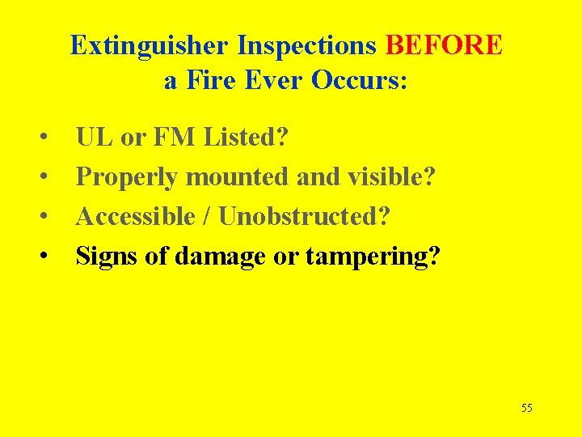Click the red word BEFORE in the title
click(444, 45)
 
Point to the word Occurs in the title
click(361, 82)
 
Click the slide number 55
click(526, 408)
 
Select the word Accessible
click(140, 217)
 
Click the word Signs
click(102, 257)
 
